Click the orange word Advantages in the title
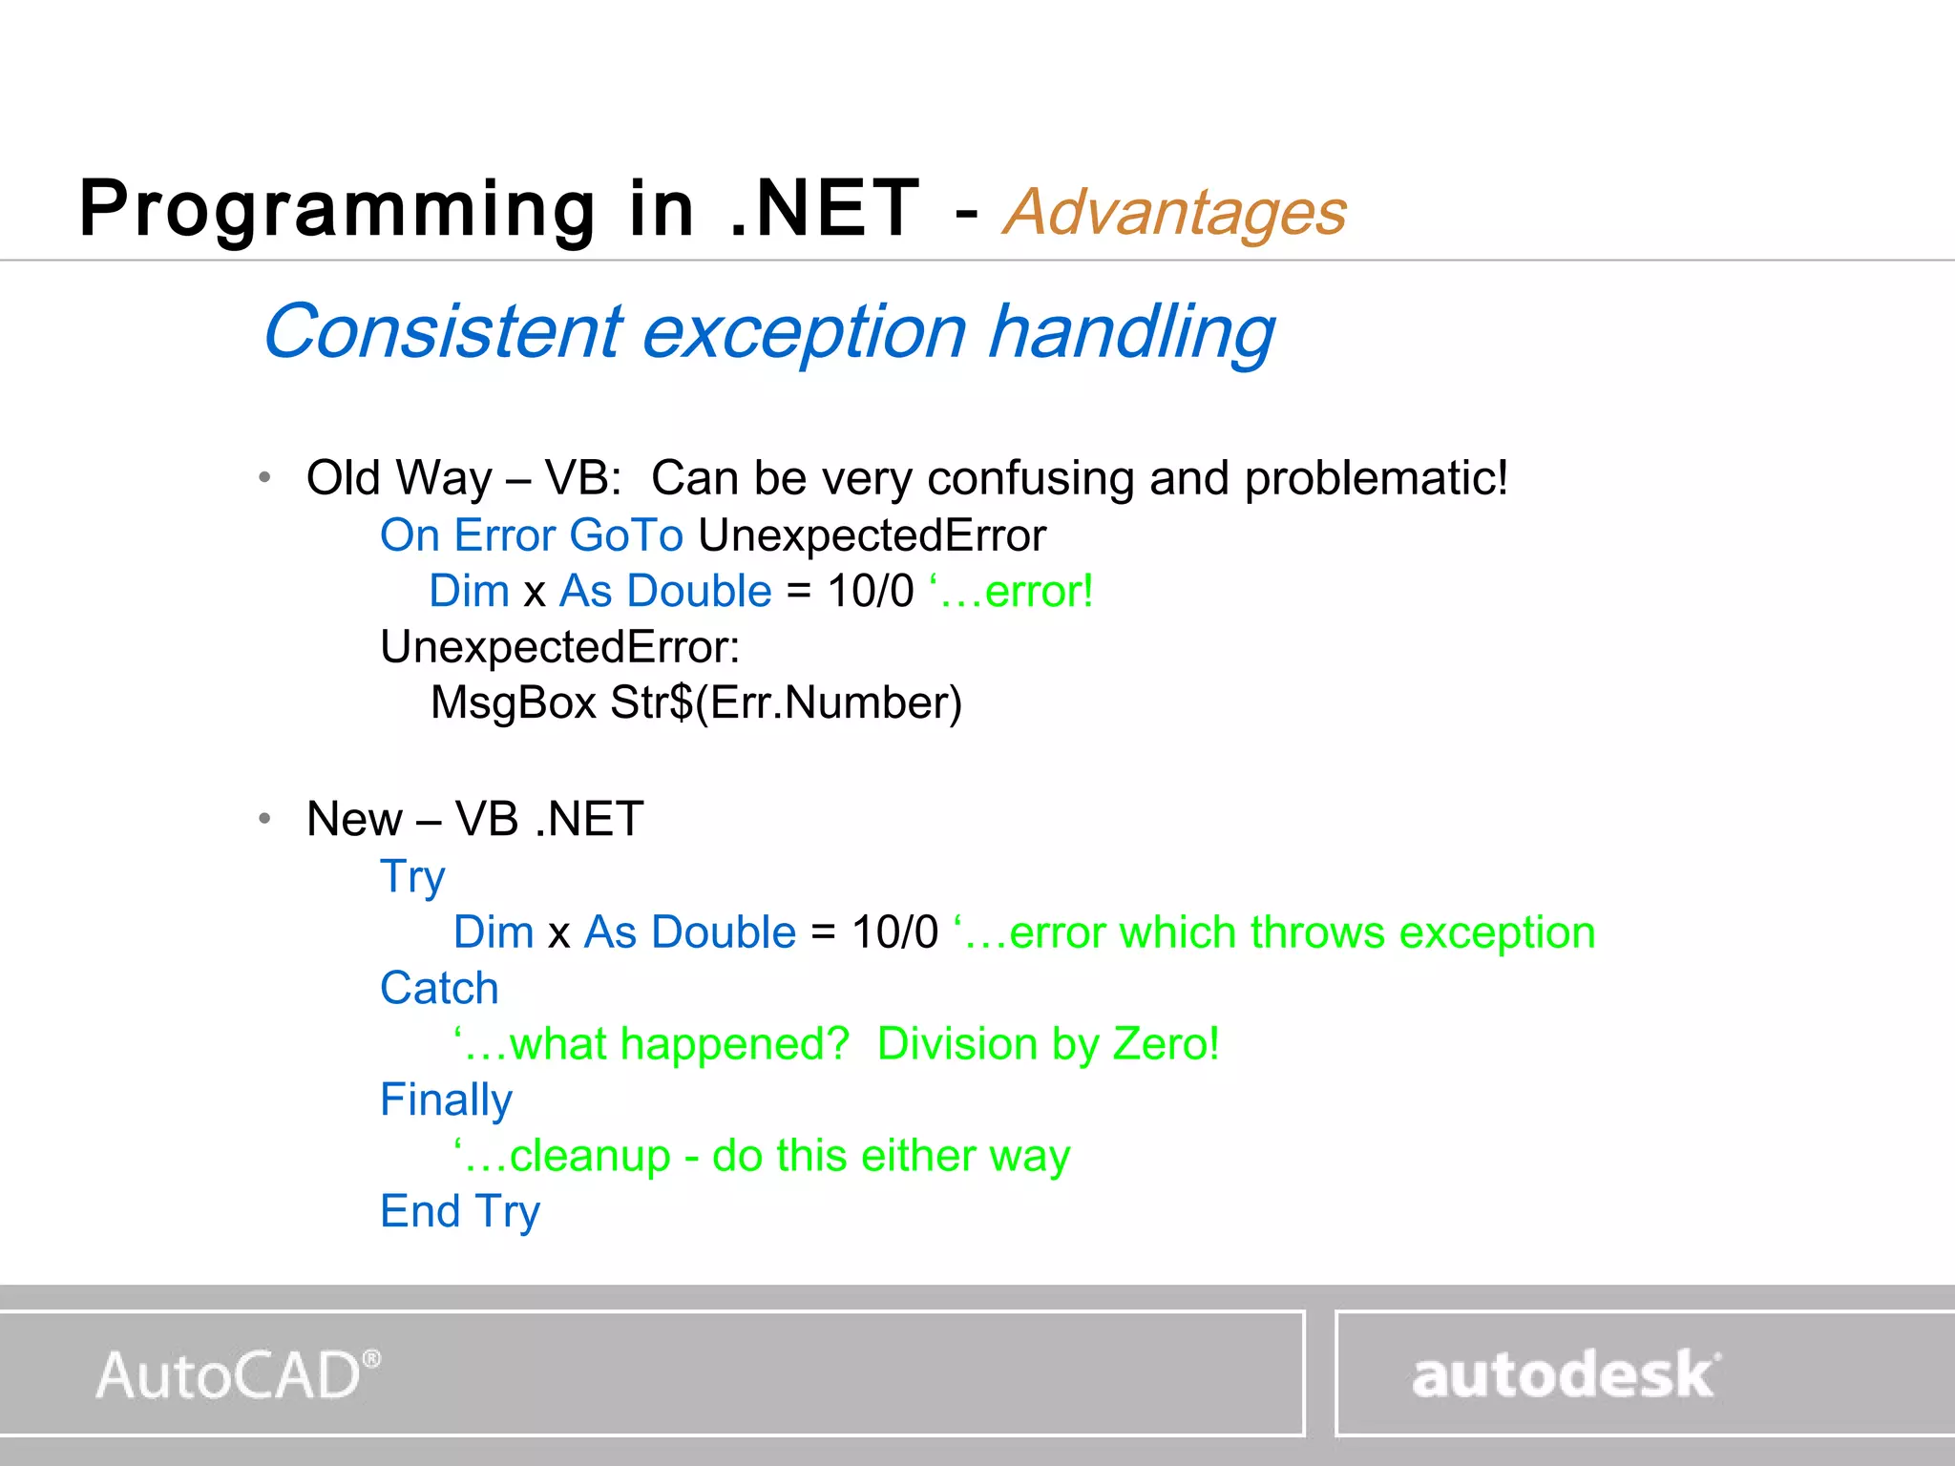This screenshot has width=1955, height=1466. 1174,212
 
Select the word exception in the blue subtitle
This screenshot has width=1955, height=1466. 804,332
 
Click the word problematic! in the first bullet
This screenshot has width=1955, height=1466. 1376,478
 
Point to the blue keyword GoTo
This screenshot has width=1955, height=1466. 626,535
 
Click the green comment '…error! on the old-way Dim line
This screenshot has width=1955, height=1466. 1011,592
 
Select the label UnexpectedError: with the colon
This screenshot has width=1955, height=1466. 559,647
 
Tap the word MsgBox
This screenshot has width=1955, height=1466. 514,703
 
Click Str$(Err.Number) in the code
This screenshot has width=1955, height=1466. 786,703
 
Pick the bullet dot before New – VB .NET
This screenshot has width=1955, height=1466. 265,818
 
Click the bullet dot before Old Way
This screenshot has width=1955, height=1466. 265,477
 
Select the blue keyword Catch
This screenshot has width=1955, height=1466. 439,989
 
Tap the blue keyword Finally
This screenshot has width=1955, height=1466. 446,1100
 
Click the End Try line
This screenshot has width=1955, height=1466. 460,1212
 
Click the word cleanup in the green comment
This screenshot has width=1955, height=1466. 589,1156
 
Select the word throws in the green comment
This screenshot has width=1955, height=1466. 1316,932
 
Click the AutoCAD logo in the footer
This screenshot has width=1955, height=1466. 237,1375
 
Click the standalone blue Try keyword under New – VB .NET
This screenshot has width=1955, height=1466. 412,877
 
